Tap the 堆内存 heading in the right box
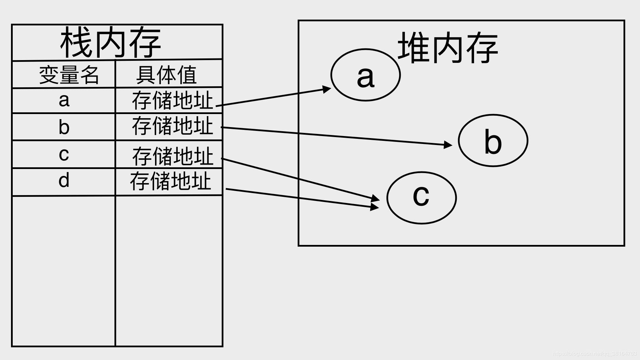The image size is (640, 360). tap(448, 48)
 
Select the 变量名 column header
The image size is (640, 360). tap(69, 75)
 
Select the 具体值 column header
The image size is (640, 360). tap(166, 75)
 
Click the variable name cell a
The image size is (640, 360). tap(64, 100)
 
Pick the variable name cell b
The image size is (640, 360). tap(64, 127)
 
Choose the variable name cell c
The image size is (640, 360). tap(64, 154)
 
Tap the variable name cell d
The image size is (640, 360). tap(64, 180)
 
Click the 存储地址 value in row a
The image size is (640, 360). tap(172, 100)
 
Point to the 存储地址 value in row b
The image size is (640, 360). tap(172, 126)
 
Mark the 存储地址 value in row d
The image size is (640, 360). tap(170, 181)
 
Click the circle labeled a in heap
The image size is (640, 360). tap(365, 75)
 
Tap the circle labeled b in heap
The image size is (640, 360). tap(493, 140)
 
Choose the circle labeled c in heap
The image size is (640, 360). tap(421, 198)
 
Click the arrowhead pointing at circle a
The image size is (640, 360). tap(326, 90)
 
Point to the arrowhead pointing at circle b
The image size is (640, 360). tap(448, 145)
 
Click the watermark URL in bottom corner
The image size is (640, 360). tap(594, 353)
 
